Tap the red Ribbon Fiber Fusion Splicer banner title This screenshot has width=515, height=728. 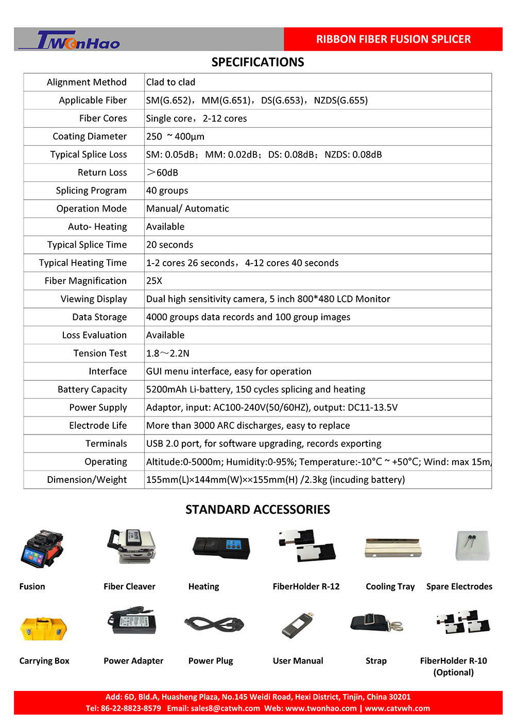[x=393, y=39]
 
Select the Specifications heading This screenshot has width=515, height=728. [x=257, y=62]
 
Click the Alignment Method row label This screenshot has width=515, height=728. [x=87, y=82]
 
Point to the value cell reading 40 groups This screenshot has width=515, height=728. [x=167, y=190]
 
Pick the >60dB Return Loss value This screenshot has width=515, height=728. [x=162, y=172]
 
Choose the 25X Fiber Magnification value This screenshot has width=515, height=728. [x=154, y=281]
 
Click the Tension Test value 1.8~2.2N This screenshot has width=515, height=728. [x=168, y=353]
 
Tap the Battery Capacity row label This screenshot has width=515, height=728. [x=92, y=389]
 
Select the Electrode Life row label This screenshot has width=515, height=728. [x=98, y=425]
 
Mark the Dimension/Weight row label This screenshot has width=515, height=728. [x=87, y=479]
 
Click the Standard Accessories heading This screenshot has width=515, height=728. [x=257, y=510]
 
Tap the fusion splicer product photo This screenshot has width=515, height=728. [x=42, y=548]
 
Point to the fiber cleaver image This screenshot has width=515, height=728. [x=131, y=547]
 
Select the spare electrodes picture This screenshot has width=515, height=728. [x=472, y=545]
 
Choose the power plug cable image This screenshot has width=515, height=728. [x=214, y=624]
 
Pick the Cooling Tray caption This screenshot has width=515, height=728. [x=390, y=586]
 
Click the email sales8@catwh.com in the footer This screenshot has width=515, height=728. [x=225, y=708]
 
